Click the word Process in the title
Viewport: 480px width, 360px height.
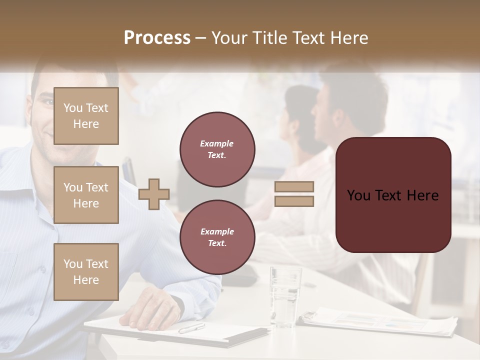157,37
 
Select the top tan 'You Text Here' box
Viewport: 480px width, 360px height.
86,116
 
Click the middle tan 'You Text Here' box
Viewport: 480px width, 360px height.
86,195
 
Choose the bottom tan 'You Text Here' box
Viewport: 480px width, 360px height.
86,272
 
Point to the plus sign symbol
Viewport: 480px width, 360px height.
154,194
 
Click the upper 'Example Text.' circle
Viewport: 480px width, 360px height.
217,149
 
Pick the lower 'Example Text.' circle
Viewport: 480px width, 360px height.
217,237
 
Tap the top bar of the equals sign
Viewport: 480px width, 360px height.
294,186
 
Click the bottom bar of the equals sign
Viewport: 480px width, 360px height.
294,201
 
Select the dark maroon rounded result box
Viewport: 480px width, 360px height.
393,195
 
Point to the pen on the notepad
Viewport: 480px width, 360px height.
191,328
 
